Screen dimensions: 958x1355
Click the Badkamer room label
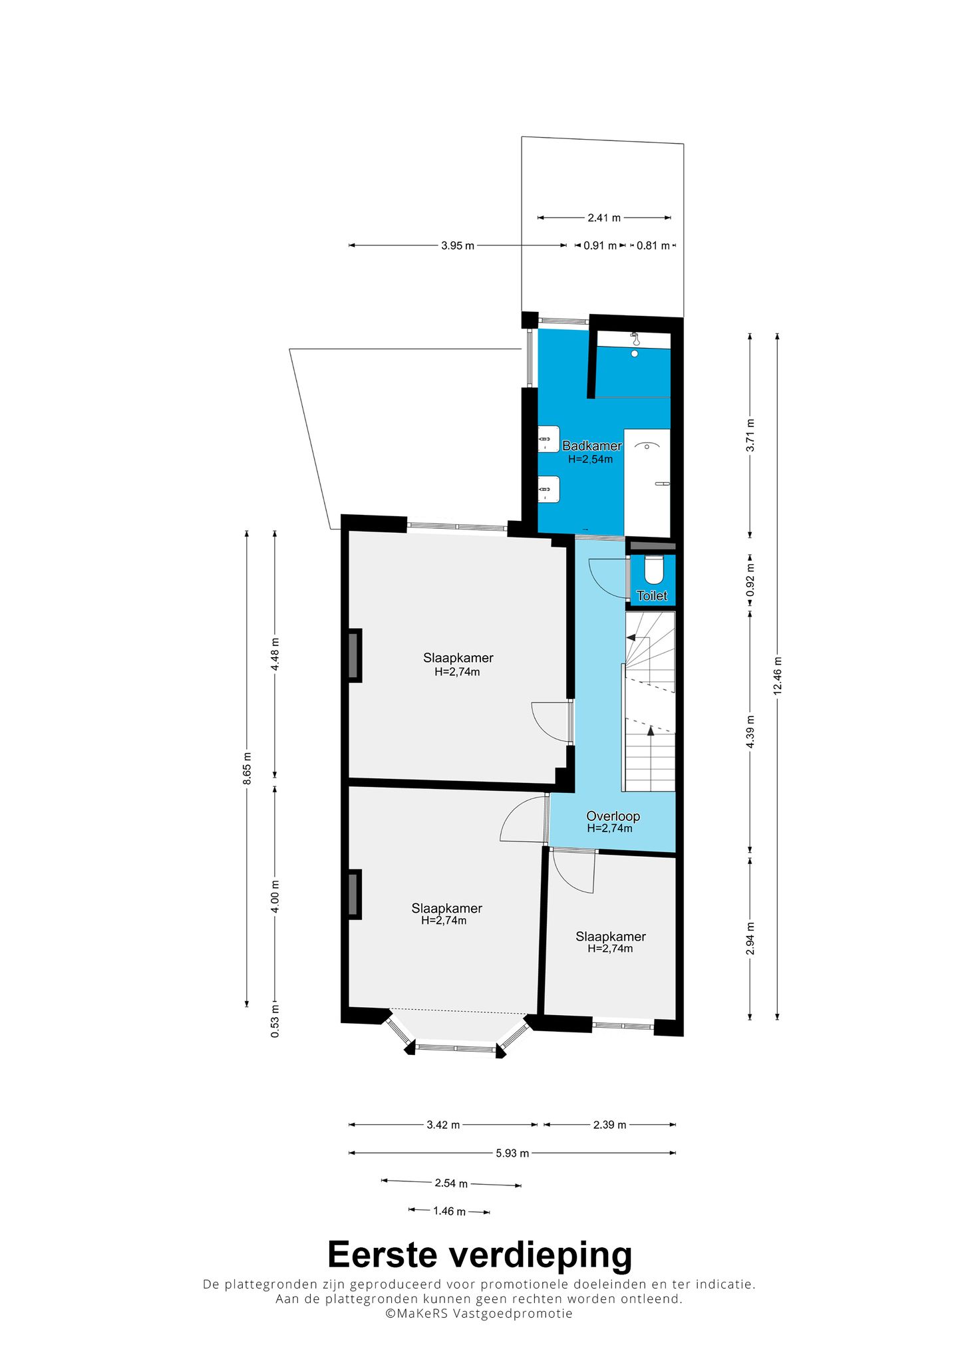pos(592,446)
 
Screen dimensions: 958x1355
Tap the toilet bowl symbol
pos(654,570)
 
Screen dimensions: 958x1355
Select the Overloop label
pos(613,816)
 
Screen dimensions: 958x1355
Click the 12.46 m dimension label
pos(777,676)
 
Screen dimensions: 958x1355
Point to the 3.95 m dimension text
pos(458,245)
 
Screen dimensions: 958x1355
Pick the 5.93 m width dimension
pos(512,1153)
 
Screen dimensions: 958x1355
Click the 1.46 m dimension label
pos(449,1211)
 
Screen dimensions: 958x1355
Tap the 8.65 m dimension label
pos(247,768)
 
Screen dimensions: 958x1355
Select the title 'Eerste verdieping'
pos(480,1255)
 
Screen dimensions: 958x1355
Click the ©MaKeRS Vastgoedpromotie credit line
pos(479,1313)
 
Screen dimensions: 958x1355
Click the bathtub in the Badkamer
pos(647,482)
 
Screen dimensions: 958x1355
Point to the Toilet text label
pos(652,595)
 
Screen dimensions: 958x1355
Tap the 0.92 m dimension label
pos(750,580)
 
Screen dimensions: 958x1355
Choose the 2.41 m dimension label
pos(604,218)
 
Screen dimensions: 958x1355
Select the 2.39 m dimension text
pos(609,1125)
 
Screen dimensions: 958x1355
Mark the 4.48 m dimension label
pos(275,655)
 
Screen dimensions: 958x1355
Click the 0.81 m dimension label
pos(653,245)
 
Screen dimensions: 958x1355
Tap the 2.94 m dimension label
pos(750,939)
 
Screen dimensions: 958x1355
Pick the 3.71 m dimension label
pos(750,435)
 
